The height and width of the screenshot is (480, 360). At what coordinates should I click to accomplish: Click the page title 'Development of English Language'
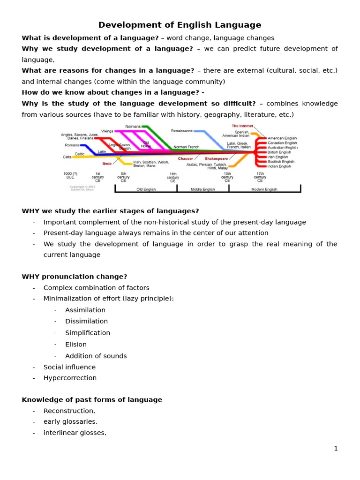[x=180, y=25]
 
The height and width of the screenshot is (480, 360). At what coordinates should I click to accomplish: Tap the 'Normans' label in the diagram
[x=133, y=127]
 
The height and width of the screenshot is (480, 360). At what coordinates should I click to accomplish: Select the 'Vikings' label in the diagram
[x=107, y=131]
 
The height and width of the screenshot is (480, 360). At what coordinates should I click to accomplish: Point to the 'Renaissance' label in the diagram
[x=181, y=131]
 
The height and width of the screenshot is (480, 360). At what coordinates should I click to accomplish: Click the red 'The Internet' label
[x=242, y=126]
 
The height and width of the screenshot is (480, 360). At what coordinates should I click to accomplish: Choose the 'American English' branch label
[x=282, y=138]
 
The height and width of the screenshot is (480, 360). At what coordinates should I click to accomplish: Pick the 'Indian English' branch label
[x=279, y=166]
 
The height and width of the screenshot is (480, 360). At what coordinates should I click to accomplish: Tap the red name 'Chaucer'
[x=185, y=159]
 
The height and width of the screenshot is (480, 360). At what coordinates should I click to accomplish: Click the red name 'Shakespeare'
[x=216, y=159]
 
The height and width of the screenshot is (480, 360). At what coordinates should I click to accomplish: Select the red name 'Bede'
[x=107, y=164]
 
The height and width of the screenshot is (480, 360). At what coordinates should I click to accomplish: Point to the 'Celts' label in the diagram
[x=67, y=157]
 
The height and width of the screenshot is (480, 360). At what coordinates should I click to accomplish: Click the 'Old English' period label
[x=146, y=189]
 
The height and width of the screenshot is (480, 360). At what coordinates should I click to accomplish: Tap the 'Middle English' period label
[x=202, y=189]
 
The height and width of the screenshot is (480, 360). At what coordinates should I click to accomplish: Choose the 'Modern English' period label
[x=264, y=189]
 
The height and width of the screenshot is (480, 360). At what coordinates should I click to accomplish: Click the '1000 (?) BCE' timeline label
[x=70, y=176]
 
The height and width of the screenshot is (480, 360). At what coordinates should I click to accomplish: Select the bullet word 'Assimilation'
[x=85, y=310]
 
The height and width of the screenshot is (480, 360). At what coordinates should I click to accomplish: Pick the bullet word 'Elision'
[x=76, y=345]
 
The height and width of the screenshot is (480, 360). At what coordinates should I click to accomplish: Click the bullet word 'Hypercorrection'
[x=70, y=378]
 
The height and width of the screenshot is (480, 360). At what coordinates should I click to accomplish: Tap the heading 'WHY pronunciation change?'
[x=74, y=277]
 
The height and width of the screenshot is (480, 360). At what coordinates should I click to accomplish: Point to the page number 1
[x=336, y=449]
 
